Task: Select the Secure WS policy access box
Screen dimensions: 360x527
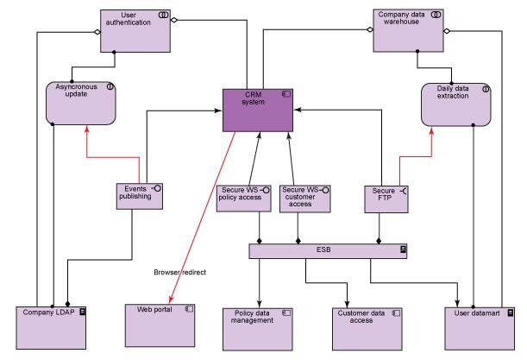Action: tap(242, 198)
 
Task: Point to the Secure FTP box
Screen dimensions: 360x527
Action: tap(386, 198)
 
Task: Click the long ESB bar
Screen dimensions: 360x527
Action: tap(329, 250)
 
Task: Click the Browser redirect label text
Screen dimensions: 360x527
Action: tap(180, 273)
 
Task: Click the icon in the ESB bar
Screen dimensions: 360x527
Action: tap(403, 250)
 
